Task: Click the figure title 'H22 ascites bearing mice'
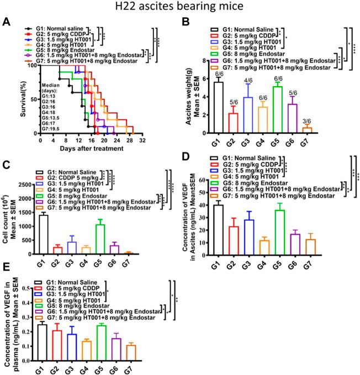(x=179, y=7)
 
